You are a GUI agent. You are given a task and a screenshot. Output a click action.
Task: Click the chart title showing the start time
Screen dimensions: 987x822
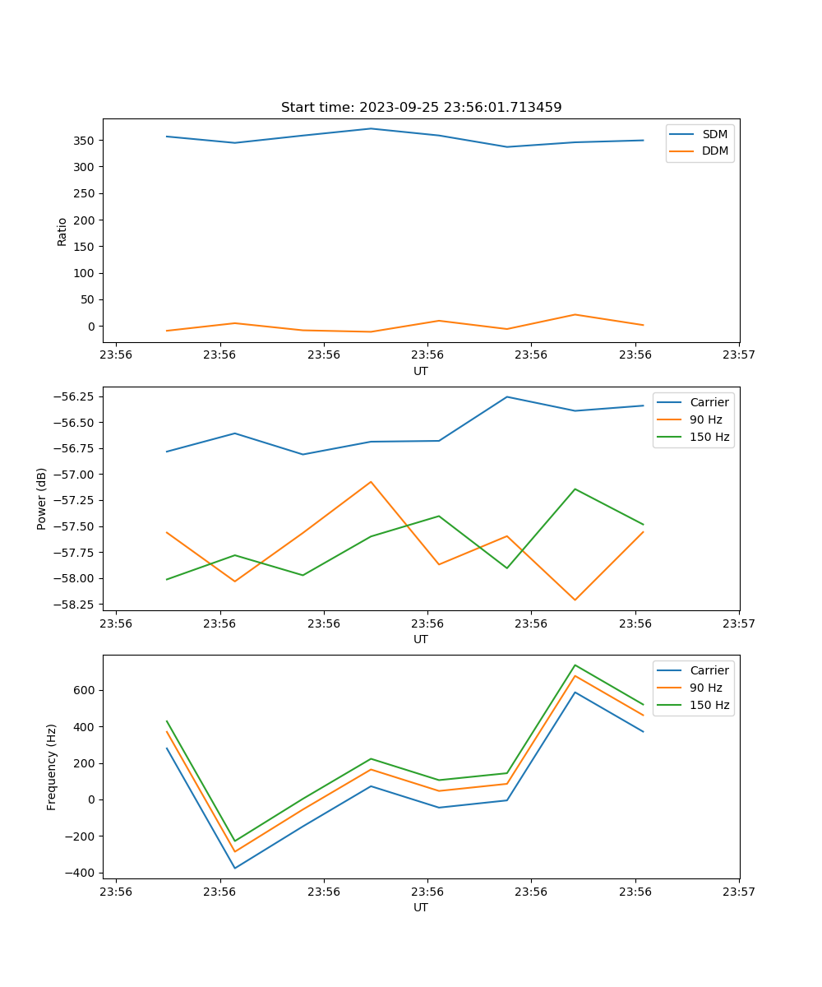click(x=421, y=108)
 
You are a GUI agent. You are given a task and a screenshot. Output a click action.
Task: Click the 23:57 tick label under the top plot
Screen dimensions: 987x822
click(x=739, y=354)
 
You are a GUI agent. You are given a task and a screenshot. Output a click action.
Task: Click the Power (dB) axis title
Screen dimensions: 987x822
click(x=42, y=498)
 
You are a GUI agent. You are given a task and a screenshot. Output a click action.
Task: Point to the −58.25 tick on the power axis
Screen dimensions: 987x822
click(x=75, y=605)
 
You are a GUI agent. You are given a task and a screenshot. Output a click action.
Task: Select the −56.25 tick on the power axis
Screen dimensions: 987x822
click(x=75, y=396)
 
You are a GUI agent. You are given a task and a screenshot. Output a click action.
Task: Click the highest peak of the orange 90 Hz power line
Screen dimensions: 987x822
click(x=371, y=482)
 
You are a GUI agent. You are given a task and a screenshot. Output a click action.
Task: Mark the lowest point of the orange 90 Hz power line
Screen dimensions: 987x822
click(x=575, y=600)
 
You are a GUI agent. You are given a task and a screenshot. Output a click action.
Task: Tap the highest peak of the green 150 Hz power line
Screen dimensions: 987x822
click(x=575, y=489)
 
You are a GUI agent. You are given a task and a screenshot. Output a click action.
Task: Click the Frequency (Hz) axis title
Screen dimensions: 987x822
click(x=52, y=767)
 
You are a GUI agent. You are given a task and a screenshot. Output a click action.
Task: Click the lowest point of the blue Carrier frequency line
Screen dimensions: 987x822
click(x=235, y=868)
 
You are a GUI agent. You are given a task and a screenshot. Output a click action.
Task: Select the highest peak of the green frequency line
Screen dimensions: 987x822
click(x=575, y=665)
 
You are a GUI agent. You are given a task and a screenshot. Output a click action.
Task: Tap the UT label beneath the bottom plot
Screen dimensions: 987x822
click(x=421, y=907)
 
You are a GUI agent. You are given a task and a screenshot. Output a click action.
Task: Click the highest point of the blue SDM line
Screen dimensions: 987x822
click(x=371, y=128)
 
